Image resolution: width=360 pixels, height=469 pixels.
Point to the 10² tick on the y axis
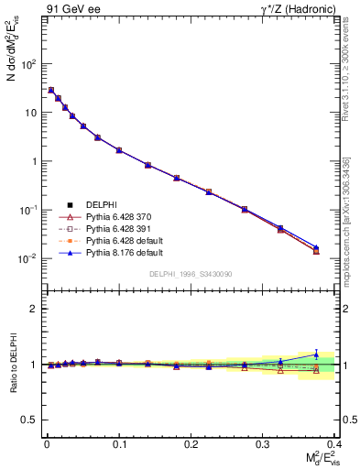(31, 64)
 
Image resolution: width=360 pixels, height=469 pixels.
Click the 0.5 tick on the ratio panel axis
(29, 420)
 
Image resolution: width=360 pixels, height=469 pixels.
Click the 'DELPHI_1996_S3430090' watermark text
(190, 274)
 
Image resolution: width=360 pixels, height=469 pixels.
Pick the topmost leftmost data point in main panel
(51, 90)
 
